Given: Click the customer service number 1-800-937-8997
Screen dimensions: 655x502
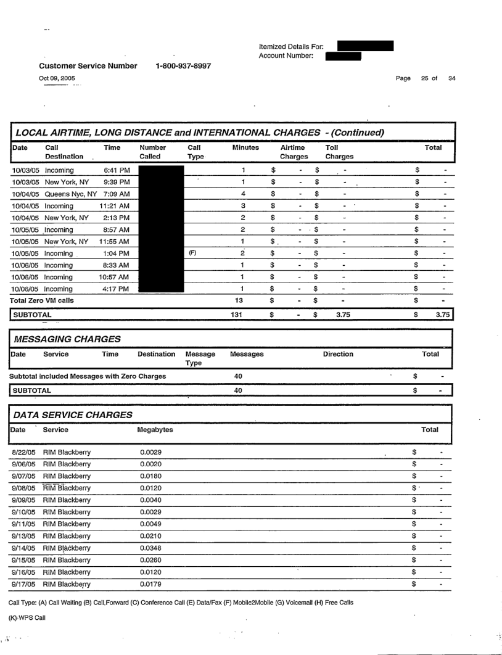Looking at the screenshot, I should (183, 66).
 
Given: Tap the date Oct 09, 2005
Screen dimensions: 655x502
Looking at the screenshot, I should (56, 78).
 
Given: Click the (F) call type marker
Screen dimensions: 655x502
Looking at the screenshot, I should (192, 253).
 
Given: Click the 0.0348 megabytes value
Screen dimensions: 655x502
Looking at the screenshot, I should (151, 547).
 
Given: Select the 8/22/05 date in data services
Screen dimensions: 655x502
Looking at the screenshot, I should (23, 453).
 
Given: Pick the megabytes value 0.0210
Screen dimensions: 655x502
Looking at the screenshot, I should (151, 535).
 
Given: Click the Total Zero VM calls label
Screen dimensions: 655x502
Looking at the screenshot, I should (42, 300).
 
